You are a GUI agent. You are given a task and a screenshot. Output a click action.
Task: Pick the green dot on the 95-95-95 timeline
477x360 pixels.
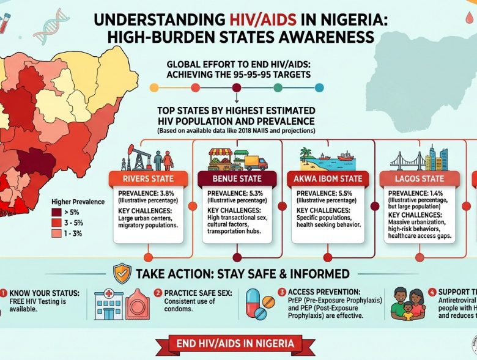pyautogui.click(x=278, y=87)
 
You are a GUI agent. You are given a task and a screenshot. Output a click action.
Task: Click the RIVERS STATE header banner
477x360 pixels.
pyautogui.click(x=148, y=179)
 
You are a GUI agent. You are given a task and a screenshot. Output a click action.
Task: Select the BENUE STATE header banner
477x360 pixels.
pyautogui.click(x=237, y=179)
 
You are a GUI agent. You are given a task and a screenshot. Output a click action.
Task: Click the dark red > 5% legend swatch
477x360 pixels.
pyautogui.click(x=56, y=212)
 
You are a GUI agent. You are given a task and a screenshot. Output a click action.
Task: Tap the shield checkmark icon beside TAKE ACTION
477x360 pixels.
pyautogui.click(x=122, y=273)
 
